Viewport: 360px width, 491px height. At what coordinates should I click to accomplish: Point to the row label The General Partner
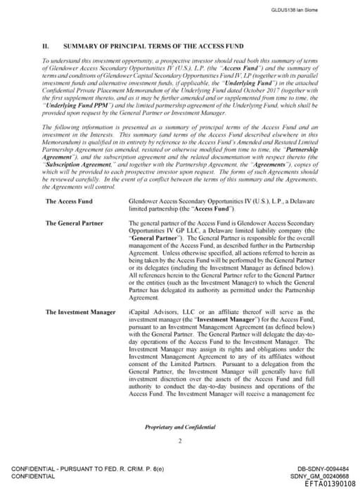(x=74, y=223)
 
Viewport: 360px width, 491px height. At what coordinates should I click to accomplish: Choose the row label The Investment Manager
(x=79, y=310)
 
